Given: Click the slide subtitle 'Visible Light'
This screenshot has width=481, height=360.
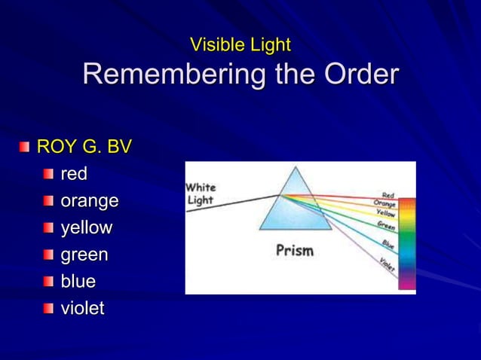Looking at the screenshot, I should pyautogui.click(x=240, y=45).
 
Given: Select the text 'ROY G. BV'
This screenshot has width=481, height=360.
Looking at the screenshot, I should pyautogui.click(x=84, y=147).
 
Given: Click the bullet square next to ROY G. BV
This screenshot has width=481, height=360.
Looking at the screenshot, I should pyautogui.click(x=26, y=147).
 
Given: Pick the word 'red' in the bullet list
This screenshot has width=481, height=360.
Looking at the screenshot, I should pyautogui.click(x=74, y=174).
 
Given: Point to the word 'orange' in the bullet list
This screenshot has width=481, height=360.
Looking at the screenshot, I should pyautogui.click(x=89, y=201).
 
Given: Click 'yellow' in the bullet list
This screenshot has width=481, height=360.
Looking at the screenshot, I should pyautogui.click(x=86, y=228).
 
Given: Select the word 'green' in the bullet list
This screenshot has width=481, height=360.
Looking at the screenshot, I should pyautogui.click(x=84, y=255).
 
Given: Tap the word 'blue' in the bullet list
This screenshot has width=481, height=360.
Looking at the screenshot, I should pyautogui.click(x=78, y=282).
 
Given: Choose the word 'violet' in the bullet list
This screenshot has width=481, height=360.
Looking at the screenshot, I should pyautogui.click(x=82, y=309).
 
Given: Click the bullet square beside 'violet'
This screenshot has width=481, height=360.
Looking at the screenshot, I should pyautogui.click(x=49, y=308).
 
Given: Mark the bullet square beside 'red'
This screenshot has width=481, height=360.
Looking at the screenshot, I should pyautogui.click(x=49, y=174).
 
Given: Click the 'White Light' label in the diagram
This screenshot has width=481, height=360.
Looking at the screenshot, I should pyautogui.click(x=201, y=194).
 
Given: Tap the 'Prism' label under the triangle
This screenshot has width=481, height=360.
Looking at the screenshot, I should pyautogui.click(x=294, y=250).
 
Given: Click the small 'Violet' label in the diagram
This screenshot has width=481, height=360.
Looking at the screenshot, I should pyautogui.click(x=387, y=264).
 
